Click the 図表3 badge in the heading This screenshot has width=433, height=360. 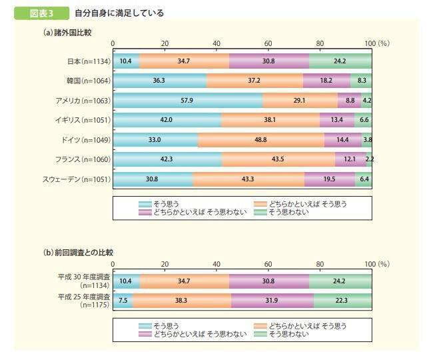coord(39,13)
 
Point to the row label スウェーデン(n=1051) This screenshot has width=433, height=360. coord(77,179)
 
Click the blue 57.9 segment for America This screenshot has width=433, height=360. coord(188,101)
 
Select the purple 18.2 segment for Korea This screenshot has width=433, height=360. coord(327,81)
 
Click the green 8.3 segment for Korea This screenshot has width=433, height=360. coord(361,81)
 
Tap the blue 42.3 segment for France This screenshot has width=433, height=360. coord(167,159)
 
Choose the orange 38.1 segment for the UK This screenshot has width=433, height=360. coord(270,120)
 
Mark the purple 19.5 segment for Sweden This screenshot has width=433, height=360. coord(330,179)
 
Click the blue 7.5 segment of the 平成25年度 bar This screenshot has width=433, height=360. coord(123,299)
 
